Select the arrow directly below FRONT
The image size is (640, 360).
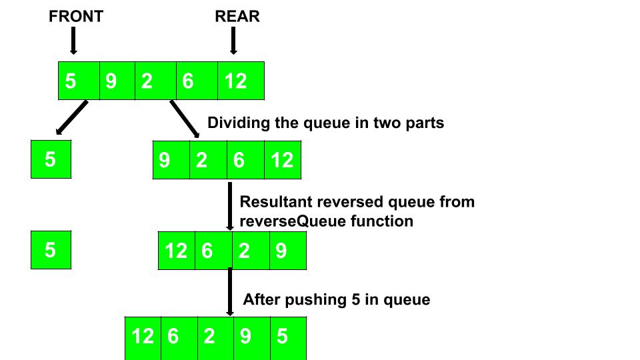click(x=73, y=41)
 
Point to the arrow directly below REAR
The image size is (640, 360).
click(x=233, y=41)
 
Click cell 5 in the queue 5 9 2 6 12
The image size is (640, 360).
click(x=79, y=81)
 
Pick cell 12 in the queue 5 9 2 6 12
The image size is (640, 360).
click(x=241, y=81)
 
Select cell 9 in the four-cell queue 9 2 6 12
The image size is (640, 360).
click(x=171, y=160)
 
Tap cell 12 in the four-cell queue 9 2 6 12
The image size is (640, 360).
click(x=283, y=160)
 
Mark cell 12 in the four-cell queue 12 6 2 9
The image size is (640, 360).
click(x=177, y=251)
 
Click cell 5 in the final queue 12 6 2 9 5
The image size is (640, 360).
click(x=288, y=336)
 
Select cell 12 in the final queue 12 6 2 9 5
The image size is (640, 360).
click(x=143, y=336)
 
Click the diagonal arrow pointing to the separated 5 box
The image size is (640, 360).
click(x=71, y=119)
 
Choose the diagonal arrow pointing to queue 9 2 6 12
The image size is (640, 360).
click(x=185, y=119)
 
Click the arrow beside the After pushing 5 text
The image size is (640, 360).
click(x=230, y=291)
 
